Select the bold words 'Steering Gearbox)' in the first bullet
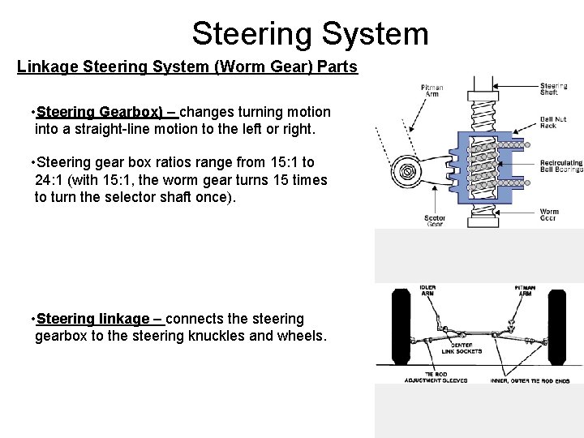coord(100,111)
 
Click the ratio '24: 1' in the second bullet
coord(53,179)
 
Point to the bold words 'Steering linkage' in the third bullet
coord(92,319)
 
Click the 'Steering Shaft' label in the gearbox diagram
coord(554,89)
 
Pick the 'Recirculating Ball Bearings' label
coord(560,166)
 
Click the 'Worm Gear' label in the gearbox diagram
coord(549,215)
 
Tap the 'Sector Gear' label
coord(435,221)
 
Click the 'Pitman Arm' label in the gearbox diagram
coord(432,90)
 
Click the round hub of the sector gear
coord(404,170)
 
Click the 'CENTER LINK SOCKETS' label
coord(462,348)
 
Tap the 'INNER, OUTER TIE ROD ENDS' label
coord(530,380)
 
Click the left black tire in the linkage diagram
coord(400,328)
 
